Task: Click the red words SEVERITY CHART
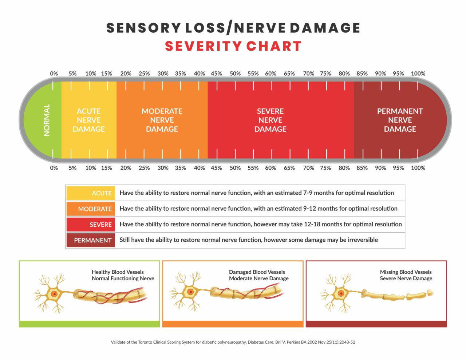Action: coord(233,46)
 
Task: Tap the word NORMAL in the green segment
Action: coord(47,120)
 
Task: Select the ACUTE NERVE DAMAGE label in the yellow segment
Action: coord(89,120)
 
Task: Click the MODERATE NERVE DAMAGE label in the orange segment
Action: coord(162,120)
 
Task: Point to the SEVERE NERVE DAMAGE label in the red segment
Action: coord(270,120)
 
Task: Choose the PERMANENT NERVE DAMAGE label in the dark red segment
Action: coord(400,120)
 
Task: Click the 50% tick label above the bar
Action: coord(235,74)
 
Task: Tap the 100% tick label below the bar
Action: coord(418,168)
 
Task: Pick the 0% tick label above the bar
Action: coord(54,74)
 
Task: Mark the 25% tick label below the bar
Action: coord(144,168)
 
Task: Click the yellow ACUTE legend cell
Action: coord(91,193)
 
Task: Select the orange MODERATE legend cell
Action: coord(91,209)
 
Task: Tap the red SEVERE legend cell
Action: coord(91,225)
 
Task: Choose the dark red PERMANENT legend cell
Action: coord(91,240)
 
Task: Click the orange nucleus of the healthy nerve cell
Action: coord(54,294)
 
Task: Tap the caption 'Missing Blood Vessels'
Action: coord(406,272)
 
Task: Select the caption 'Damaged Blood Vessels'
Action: coord(257,272)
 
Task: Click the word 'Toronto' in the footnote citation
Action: coord(147,342)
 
